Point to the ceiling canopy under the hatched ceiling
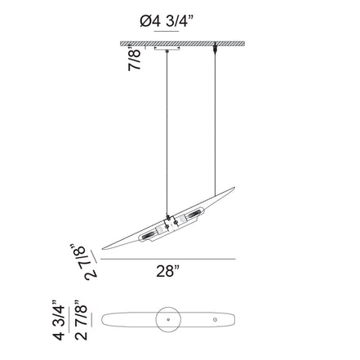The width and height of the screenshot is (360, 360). (x=168, y=51)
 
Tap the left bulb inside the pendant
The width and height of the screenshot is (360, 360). (x=152, y=236)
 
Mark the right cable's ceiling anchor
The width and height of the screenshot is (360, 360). (x=216, y=49)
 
